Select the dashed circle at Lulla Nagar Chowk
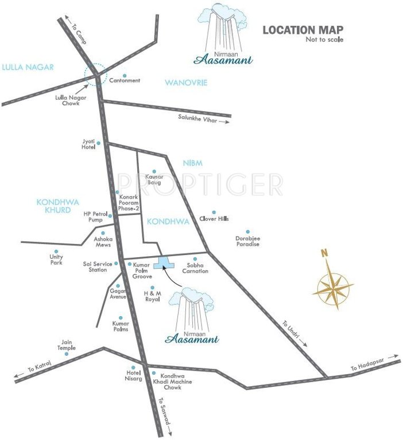(x=95, y=74)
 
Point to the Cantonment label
(x=125, y=81)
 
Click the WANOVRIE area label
(x=185, y=83)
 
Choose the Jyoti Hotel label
(x=89, y=146)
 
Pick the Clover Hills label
(x=214, y=218)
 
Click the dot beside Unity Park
(x=56, y=251)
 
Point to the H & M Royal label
(x=152, y=296)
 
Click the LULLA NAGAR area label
(x=27, y=68)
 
